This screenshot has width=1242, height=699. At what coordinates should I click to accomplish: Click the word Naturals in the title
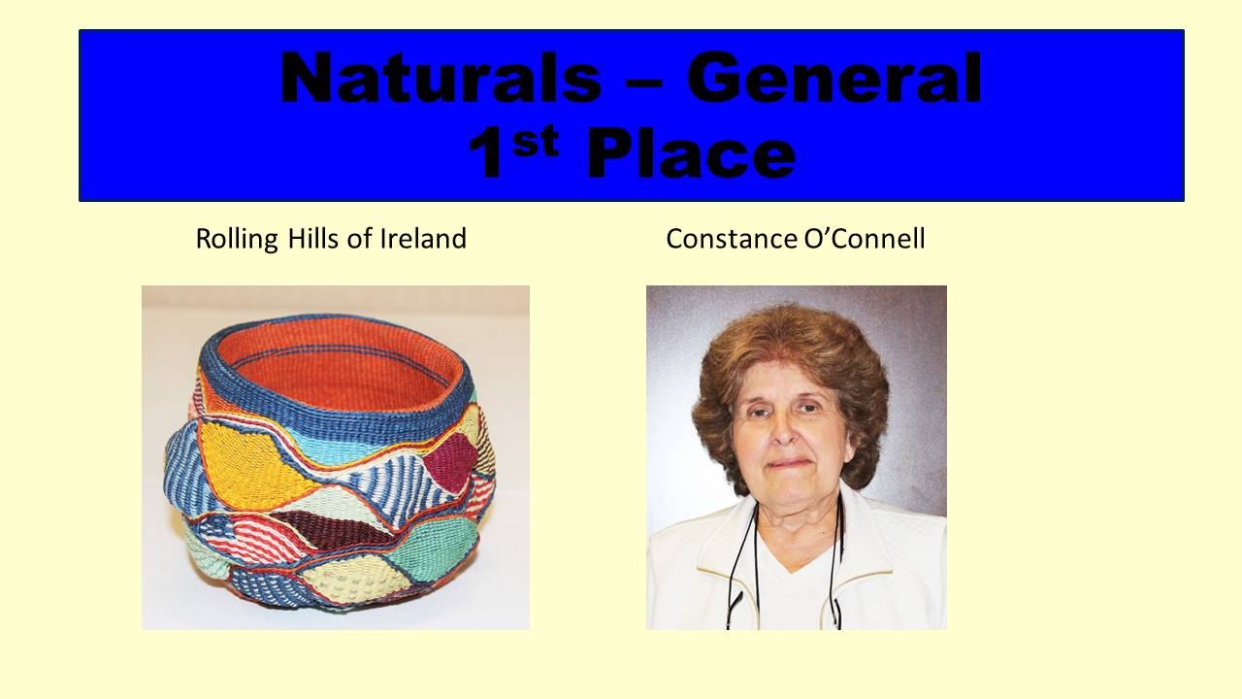[x=441, y=78]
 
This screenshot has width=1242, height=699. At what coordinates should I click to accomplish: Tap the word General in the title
[x=834, y=78]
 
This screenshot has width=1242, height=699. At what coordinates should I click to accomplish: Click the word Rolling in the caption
[x=238, y=240]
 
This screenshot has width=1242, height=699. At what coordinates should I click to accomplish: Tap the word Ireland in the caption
[x=423, y=239]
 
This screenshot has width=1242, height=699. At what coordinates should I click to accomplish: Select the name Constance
[x=732, y=239]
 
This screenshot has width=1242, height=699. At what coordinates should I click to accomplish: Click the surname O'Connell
[x=865, y=239]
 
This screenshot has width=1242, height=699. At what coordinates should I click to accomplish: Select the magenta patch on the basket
[x=449, y=461]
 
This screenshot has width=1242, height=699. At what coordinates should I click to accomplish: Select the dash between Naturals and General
[x=643, y=86]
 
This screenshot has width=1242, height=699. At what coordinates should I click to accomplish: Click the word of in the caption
[x=359, y=239]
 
